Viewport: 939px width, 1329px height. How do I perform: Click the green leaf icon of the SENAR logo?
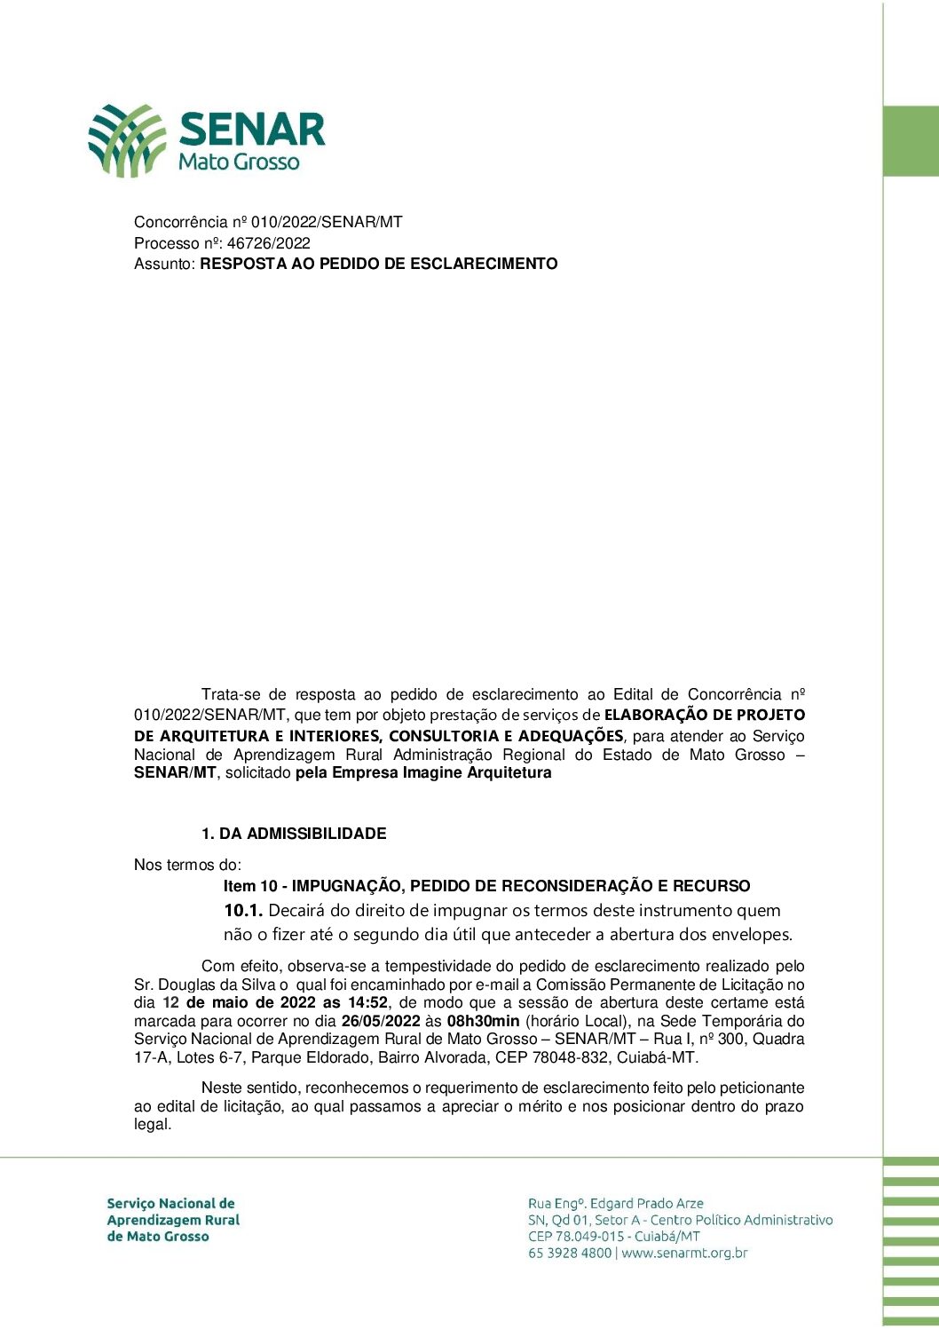click(126, 139)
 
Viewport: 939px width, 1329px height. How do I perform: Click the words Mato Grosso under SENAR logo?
click(239, 162)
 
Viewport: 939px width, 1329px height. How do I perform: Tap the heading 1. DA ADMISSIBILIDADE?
click(294, 834)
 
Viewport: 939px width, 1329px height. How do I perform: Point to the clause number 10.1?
click(242, 910)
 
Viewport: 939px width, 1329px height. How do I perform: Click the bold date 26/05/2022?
click(380, 1021)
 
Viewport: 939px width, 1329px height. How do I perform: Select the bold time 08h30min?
click(483, 1021)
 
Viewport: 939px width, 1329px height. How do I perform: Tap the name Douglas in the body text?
click(185, 985)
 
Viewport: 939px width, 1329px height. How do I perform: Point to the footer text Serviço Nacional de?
click(170, 1204)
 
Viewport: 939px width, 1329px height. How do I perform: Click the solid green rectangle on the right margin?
click(911, 141)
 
